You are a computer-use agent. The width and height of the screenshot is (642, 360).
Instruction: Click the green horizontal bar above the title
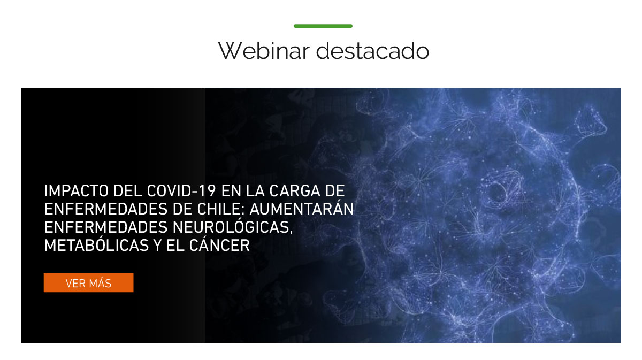(x=323, y=26)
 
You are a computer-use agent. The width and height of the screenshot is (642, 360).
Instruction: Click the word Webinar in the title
(x=264, y=51)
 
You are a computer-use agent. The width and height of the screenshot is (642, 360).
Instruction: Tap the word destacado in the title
(x=372, y=51)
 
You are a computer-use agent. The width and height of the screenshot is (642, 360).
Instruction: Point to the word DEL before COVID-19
(x=128, y=191)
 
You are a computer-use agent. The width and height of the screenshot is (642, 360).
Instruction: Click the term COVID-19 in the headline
(x=182, y=191)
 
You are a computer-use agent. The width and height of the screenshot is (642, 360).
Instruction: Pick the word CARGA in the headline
(x=295, y=191)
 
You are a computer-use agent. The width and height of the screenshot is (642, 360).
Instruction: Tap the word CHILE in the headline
(x=220, y=209)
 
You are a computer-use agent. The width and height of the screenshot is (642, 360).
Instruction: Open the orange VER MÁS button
(x=89, y=283)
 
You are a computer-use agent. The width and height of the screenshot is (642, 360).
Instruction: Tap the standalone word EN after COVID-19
(x=231, y=191)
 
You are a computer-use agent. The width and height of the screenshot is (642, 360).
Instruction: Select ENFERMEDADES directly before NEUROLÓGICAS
(x=106, y=227)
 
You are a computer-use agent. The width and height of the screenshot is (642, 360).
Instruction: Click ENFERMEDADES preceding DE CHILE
(x=106, y=209)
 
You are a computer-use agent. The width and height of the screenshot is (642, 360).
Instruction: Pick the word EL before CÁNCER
(x=175, y=246)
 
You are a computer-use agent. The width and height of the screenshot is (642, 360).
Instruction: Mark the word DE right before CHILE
(x=182, y=209)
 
